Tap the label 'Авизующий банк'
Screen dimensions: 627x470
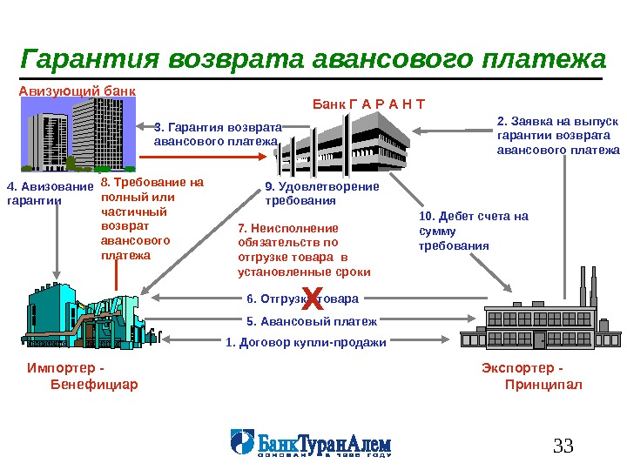point(78,90)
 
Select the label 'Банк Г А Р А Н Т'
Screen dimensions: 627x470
point(368,105)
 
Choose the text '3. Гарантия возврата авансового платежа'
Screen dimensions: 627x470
point(219,133)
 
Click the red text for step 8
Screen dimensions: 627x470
point(139,218)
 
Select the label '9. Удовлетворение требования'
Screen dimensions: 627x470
point(321,193)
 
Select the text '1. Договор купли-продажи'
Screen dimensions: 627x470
point(306,342)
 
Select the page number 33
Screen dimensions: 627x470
point(563,447)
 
